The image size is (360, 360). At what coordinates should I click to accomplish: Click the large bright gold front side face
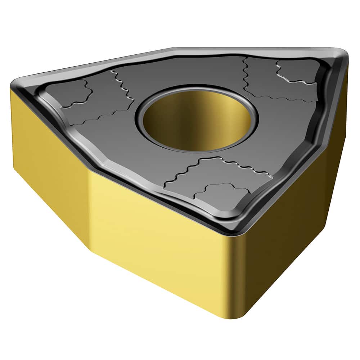pos(158,230)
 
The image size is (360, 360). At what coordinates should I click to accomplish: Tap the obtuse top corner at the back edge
pos(173,49)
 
